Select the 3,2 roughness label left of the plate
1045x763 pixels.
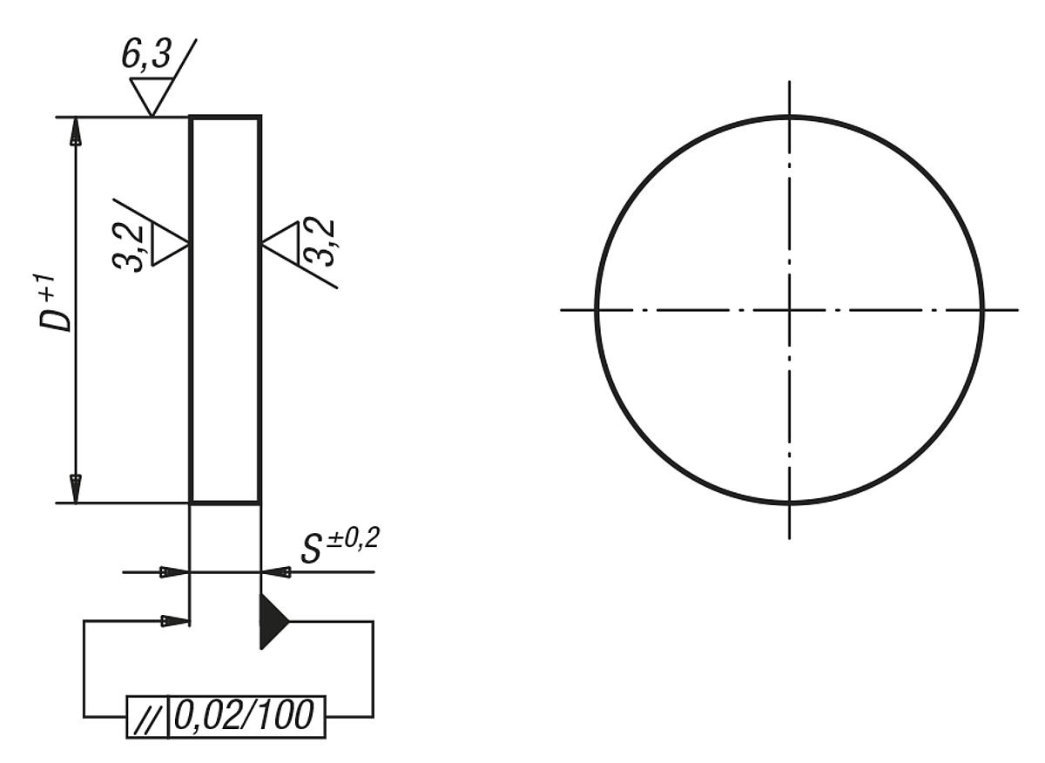pyautogui.click(x=132, y=247)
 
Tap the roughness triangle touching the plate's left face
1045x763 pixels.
pyautogui.click(x=170, y=243)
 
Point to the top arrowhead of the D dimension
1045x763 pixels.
pyautogui.click(x=76, y=131)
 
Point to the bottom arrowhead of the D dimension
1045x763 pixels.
pyautogui.click(x=76, y=489)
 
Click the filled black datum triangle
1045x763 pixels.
pyautogui.click(x=272, y=621)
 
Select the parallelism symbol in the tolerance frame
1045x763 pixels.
pyautogui.click(x=146, y=718)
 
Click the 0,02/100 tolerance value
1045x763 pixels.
pyautogui.click(x=245, y=717)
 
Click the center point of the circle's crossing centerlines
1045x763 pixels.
pyautogui.click(x=789, y=309)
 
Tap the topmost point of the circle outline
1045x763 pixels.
pyautogui.click(x=789, y=116)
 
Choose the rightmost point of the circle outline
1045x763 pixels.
pyautogui.click(x=982, y=309)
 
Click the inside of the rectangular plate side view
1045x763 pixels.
pyautogui.click(x=225, y=309)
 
